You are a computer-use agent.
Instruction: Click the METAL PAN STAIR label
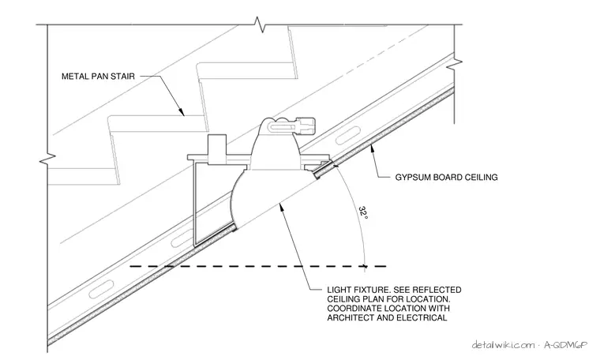(99, 76)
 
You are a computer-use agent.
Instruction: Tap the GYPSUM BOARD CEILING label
(446, 177)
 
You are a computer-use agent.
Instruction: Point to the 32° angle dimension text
(363, 212)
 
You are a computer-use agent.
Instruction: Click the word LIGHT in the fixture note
(338, 290)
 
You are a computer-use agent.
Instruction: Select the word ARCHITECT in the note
(351, 317)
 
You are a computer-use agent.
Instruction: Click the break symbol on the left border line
(47, 156)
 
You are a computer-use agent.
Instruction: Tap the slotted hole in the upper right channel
(348, 137)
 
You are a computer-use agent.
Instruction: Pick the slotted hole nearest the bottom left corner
(101, 289)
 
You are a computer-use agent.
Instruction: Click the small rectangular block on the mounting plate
(216, 148)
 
